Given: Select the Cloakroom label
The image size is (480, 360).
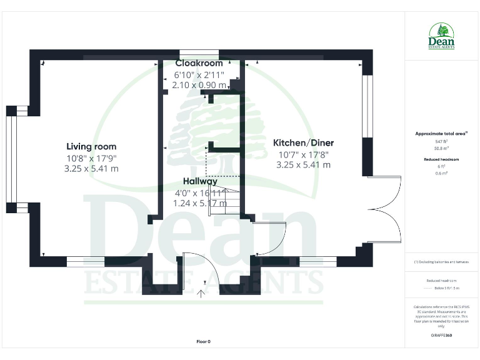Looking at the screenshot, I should point(199,64).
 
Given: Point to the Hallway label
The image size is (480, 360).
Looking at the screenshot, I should point(196,181).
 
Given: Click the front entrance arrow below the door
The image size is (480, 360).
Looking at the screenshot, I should point(202,291).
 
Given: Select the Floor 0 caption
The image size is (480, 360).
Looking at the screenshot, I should point(204,341).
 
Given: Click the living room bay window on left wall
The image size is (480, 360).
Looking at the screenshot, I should point(10,159).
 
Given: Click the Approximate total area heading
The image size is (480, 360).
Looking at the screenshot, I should point(441,134).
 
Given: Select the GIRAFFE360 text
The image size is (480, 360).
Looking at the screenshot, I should point(442,336).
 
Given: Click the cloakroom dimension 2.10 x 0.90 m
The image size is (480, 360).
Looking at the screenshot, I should point(199,85).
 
